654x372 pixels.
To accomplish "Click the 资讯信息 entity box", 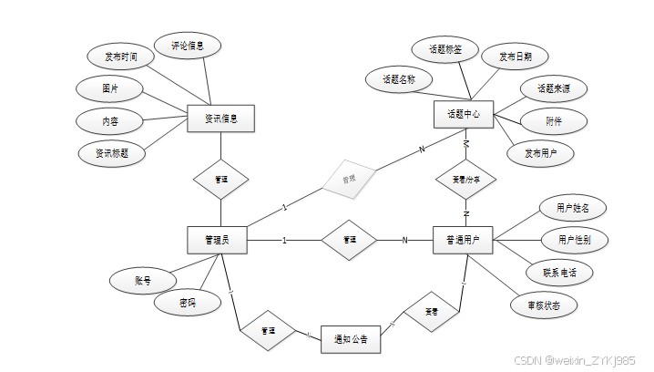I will click(220, 119).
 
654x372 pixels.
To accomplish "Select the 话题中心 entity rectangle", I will click(464, 115).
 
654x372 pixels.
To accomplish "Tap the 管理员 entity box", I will click(216, 240).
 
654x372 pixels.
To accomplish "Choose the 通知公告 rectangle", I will click(350, 338).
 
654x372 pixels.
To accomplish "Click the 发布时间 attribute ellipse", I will click(121, 57).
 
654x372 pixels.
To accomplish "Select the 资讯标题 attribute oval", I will click(112, 153).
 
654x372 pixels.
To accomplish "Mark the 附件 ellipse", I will click(553, 120).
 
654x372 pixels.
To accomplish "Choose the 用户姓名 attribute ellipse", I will click(573, 207).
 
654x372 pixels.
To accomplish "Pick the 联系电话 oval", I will click(560, 272).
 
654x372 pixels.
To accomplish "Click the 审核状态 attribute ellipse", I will click(544, 305).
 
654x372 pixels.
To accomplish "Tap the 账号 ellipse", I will click(142, 281).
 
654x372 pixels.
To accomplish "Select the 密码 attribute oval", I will click(187, 302).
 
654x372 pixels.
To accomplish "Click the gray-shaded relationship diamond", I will click(349, 179).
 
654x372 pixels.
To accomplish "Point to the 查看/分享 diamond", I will click(466, 181).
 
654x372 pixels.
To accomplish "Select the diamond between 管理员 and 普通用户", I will click(350, 240).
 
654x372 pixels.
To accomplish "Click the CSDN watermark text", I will click(575, 361).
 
